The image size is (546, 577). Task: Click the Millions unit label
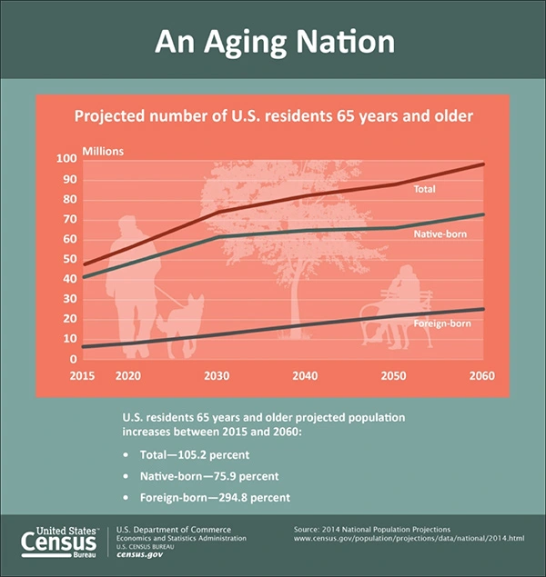pos(103,150)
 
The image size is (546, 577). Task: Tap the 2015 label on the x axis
pos(82,376)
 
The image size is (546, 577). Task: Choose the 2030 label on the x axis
pos(217,376)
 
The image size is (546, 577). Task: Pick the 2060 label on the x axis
pos(483,376)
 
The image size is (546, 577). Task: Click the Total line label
pos(425,190)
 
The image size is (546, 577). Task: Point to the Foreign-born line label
pos(442,323)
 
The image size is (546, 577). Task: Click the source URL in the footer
pos(409,539)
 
